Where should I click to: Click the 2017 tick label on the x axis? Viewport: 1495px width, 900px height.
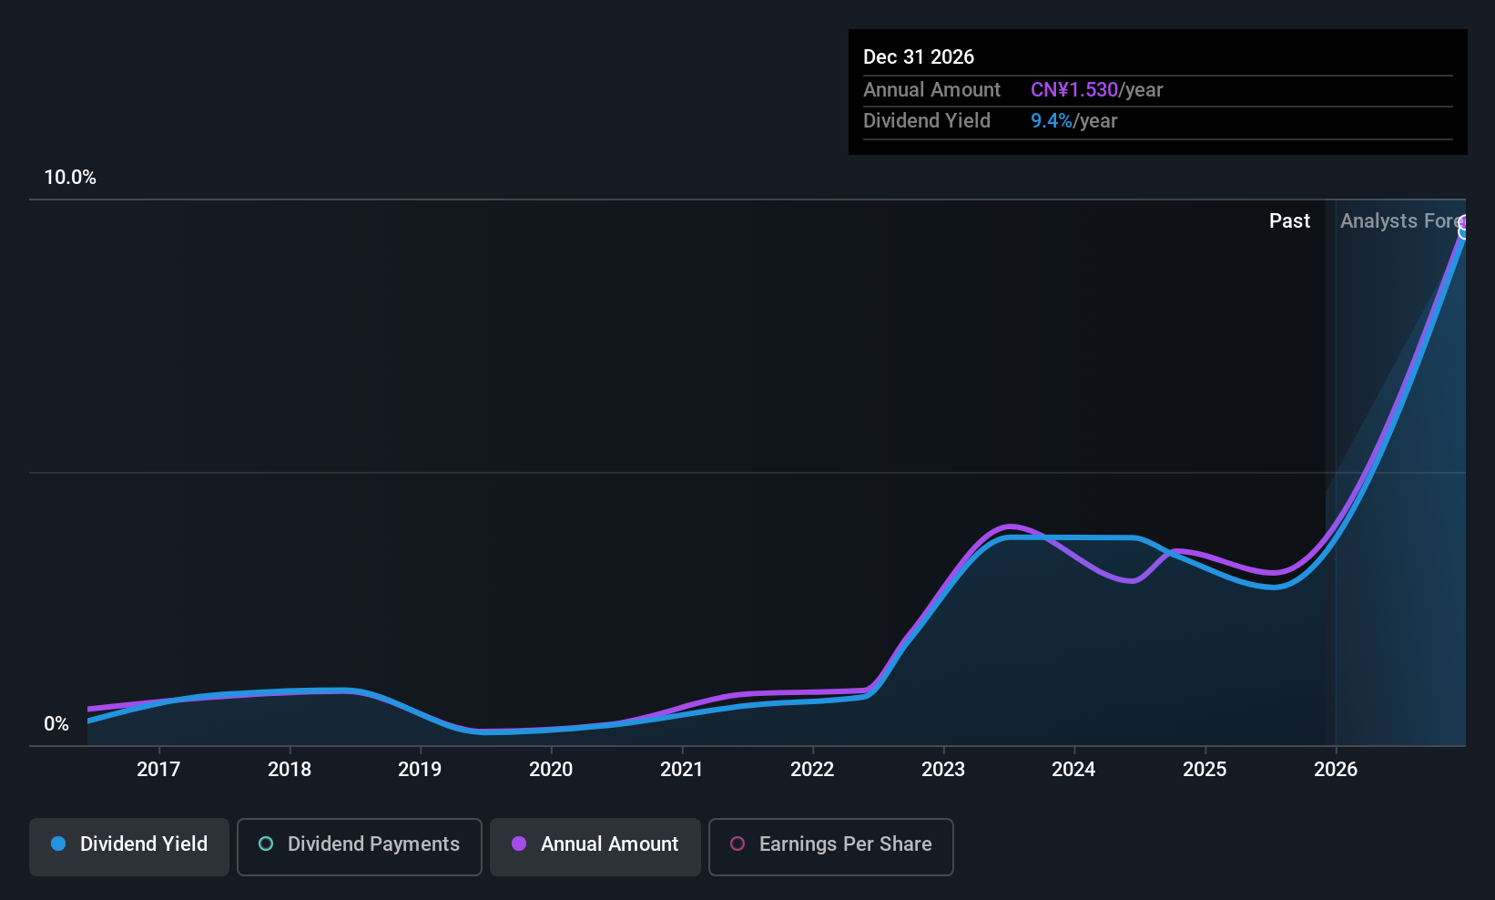(158, 770)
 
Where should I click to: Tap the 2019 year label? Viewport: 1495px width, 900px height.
(420, 770)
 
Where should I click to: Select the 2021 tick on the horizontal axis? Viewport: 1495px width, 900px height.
(681, 770)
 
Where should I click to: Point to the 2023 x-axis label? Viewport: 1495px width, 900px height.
(942, 770)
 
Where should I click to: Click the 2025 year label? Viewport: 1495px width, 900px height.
(1204, 770)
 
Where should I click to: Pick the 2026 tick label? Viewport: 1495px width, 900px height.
(1335, 770)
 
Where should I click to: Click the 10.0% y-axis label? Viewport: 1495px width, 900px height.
(70, 178)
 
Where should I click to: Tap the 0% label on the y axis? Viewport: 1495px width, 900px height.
(56, 724)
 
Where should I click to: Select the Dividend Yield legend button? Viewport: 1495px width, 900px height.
(129, 845)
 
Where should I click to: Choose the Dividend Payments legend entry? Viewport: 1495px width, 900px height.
(360, 845)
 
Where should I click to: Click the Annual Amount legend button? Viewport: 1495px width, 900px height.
(595, 845)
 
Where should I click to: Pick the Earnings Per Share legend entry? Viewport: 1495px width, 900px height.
(830, 845)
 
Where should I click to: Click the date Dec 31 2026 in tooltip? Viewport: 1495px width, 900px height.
(918, 57)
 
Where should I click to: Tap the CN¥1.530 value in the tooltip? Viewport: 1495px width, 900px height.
(1073, 90)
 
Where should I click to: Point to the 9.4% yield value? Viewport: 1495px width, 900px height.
(1051, 121)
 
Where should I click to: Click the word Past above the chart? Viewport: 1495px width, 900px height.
(1289, 221)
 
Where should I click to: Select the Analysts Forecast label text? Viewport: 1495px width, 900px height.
(1400, 221)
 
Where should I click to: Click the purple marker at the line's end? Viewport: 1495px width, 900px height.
(1463, 222)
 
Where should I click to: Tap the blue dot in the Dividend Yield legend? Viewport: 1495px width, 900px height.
(58, 844)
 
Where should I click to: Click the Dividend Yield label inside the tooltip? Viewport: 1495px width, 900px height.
(926, 121)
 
